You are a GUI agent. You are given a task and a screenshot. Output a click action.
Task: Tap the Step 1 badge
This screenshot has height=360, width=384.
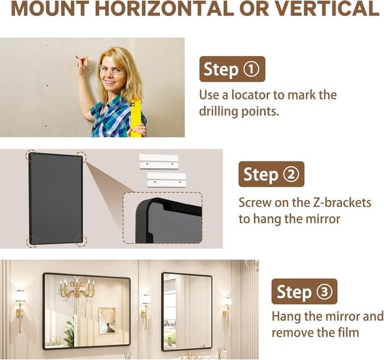(232, 69)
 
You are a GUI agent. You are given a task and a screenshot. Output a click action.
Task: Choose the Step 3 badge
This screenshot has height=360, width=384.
(304, 292)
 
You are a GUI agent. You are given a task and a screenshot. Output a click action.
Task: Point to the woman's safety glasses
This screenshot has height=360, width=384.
(112, 70)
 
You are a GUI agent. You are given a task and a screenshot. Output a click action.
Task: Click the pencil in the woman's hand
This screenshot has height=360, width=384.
(82, 64)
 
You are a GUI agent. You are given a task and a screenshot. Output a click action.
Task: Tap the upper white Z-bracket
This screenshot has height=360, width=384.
(159, 161)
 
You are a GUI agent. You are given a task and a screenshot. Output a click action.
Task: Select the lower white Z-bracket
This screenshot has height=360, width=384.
(166, 179)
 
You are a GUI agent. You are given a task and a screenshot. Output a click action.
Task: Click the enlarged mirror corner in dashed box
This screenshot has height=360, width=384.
(162, 218)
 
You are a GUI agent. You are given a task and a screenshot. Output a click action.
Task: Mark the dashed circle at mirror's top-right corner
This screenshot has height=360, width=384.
(80, 157)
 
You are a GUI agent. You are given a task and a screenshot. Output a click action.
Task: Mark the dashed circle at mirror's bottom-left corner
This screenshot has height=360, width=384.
(32, 241)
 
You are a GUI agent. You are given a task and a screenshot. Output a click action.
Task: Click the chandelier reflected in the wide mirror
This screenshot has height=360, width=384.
(76, 291)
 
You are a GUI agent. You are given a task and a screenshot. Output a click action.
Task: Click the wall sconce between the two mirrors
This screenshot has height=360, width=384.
(145, 304)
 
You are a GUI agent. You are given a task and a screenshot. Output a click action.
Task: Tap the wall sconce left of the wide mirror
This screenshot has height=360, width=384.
(20, 303)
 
